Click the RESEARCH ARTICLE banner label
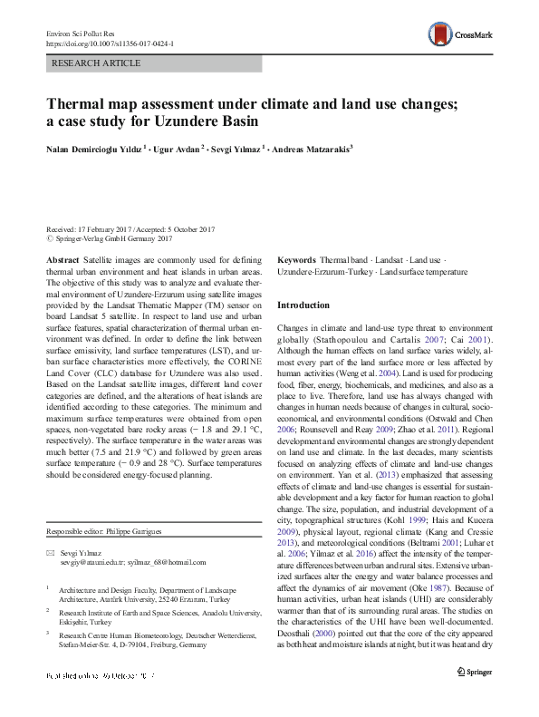click(97, 63)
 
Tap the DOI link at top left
click(110, 43)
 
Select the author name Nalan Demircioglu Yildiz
click(94, 147)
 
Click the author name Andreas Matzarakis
click(311, 147)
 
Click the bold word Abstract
click(62, 259)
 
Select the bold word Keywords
click(296, 259)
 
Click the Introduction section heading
click(303, 305)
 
